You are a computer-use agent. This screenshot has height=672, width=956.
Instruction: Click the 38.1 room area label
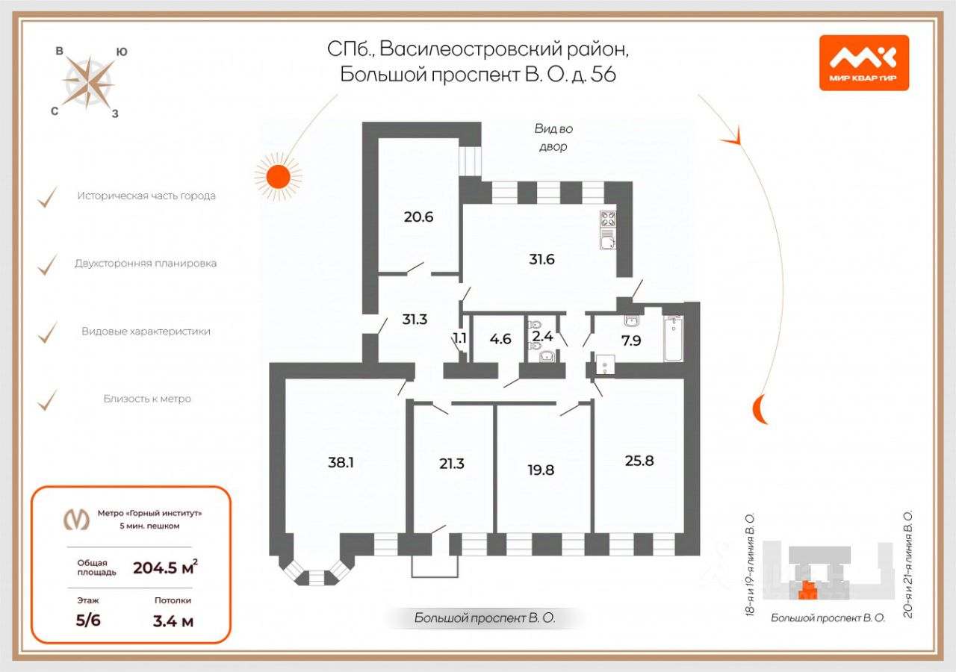[x=341, y=462]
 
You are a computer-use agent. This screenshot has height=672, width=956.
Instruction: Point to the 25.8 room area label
[x=639, y=461]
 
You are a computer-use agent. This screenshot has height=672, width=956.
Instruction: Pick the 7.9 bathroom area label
[x=632, y=341]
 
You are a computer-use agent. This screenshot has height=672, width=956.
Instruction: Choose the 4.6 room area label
[x=500, y=337]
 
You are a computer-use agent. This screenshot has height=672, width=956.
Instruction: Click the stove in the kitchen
[x=608, y=220]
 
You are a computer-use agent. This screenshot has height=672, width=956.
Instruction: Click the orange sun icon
[x=278, y=176]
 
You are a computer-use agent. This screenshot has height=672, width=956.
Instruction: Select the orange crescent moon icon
[x=760, y=409]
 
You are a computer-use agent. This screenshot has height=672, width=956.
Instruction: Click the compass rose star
[x=89, y=81]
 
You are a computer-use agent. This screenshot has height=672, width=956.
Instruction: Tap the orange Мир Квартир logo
[x=864, y=63]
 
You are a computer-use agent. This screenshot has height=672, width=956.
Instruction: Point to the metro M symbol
[x=76, y=519]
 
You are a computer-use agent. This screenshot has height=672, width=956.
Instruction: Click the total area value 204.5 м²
[x=165, y=567]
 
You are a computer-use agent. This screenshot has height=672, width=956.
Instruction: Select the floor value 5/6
[x=88, y=620]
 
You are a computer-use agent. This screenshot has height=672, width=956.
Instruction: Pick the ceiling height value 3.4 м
[x=173, y=620]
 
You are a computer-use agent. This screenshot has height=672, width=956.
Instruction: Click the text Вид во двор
[x=553, y=137]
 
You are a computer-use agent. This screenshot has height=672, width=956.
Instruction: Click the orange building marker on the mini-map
[x=807, y=594]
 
